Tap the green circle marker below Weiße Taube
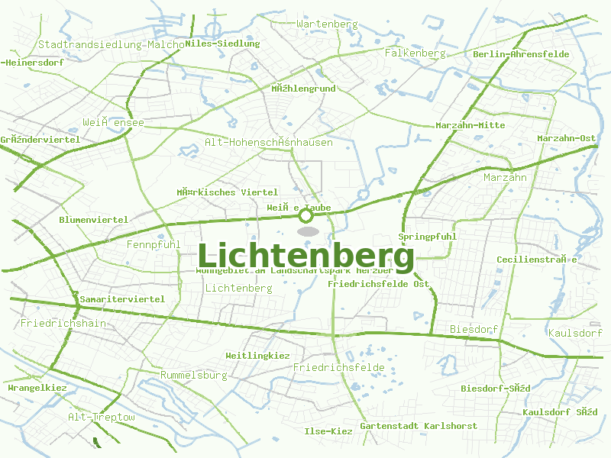click(x=305, y=216)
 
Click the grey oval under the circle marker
click(x=307, y=231)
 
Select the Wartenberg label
click(x=327, y=24)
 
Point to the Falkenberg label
click(x=415, y=53)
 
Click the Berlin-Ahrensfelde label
click(x=521, y=54)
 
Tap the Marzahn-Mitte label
click(x=470, y=125)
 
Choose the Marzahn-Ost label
click(x=566, y=138)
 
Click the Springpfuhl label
click(x=427, y=237)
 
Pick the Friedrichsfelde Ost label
click(x=378, y=284)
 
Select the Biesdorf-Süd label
click(x=495, y=389)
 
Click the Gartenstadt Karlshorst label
click(x=419, y=426)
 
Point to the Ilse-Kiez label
click(x=328, y=431)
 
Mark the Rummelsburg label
click(x=194, y=376)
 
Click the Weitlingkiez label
click(x=257, y=356)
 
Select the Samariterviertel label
click(x=122, y=299)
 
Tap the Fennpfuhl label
click(x=153, y=245)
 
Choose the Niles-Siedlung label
click(x=222, y=44)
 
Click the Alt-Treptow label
click(x=101, y=418)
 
